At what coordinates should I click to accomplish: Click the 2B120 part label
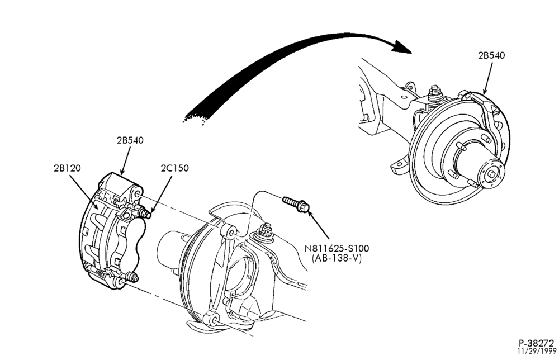point(67,168)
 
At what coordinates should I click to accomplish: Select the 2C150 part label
point(174,168)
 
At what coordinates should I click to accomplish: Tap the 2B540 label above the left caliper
point(130,140)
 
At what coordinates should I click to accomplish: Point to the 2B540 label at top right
point(491,55)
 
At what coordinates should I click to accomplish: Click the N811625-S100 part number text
point(337,248)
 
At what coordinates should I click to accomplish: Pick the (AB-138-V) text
point(337,258)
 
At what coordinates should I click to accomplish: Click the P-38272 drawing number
point(537,343)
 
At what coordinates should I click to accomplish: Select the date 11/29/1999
point(537,351)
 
